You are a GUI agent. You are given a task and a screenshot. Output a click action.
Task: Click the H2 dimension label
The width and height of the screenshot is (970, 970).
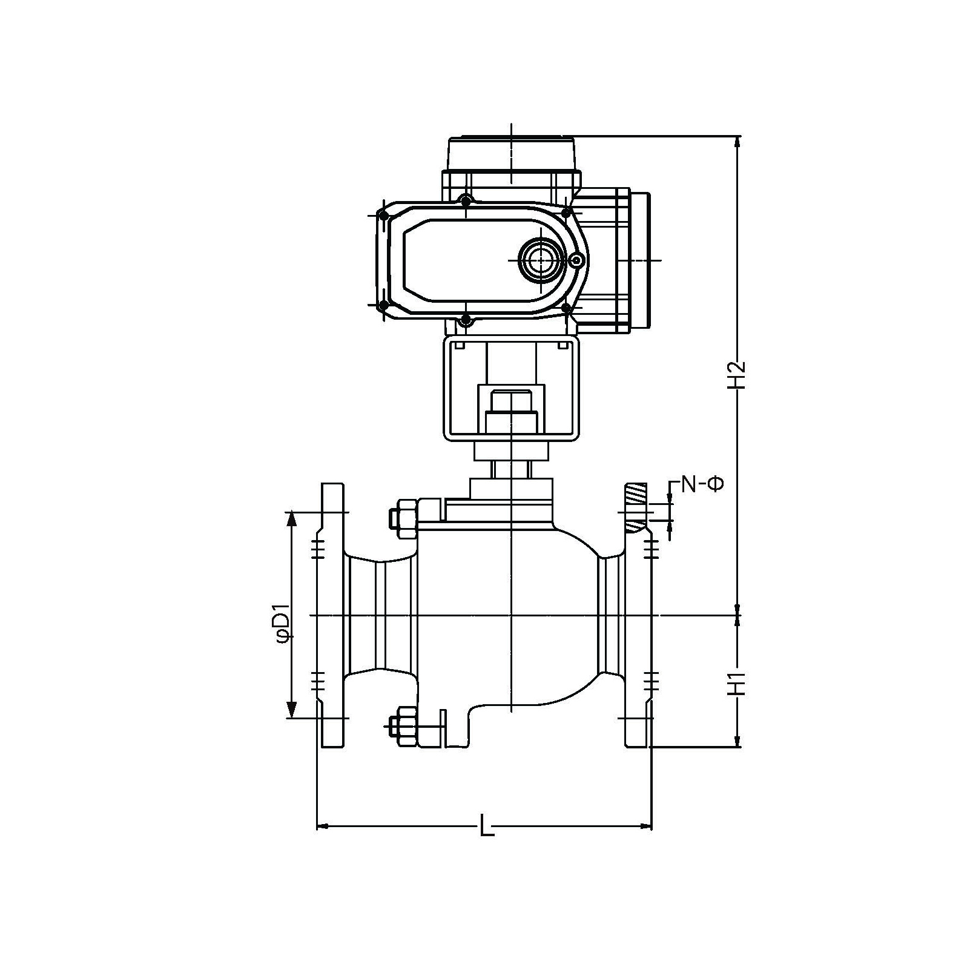pos(736,375)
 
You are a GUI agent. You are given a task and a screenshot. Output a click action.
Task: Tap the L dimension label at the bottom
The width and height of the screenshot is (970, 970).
pos(486,825)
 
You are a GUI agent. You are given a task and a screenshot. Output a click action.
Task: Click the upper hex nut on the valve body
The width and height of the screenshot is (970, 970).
pos(401,518)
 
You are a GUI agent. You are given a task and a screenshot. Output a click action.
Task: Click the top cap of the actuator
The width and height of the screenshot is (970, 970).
pos(512,154)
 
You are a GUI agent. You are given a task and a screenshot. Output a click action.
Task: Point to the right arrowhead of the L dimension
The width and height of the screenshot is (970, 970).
pos(645,825)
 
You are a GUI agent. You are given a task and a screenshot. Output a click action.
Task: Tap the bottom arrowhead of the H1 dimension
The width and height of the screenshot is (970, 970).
pos(737,741)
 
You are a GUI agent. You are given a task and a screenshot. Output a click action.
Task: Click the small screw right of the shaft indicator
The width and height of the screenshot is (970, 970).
pos(578,260)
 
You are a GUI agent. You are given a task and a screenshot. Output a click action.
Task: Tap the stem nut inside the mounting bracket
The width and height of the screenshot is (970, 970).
pos(511,412)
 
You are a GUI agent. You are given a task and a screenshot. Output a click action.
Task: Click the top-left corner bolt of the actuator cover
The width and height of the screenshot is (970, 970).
pos(383,215)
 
